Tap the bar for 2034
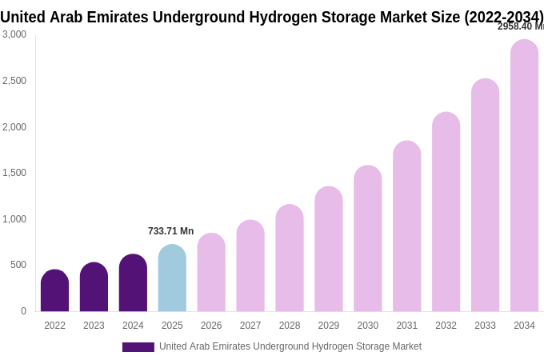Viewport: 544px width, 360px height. click(524, 176)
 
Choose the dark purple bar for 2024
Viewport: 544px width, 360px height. click(133, 283)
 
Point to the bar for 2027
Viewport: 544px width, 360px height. click(250, 266)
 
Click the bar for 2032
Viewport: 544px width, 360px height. click(446, 212)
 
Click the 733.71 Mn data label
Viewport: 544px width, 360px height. click(170, 231)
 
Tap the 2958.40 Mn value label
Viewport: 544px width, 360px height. click(520, 26)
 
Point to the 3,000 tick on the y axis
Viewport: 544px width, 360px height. click(14, 34)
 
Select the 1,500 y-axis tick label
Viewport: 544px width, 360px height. click(14, 173)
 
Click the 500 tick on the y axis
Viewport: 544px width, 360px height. click(18, 265)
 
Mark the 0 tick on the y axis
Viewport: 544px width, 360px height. click(23, 311)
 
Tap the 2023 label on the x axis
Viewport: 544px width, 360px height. click(94, 326)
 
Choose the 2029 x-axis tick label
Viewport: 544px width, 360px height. click(329, 326)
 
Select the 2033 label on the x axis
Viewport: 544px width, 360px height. click(485, 326)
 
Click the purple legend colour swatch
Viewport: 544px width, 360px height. click(138, 347)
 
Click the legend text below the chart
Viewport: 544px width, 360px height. click(290, 346)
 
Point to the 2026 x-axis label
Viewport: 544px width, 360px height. click(211, 326)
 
